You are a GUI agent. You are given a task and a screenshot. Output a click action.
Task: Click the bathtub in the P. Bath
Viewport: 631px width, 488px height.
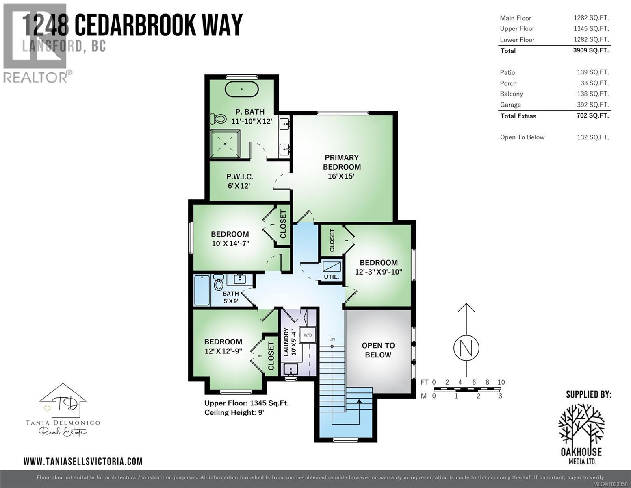[241, 89]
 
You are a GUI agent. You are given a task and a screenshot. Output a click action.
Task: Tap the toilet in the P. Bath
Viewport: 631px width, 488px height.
[219, 119]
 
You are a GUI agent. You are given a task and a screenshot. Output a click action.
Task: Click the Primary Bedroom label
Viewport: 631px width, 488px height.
[342, 162]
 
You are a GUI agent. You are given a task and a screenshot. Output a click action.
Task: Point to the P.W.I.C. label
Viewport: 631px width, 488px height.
[240, 177]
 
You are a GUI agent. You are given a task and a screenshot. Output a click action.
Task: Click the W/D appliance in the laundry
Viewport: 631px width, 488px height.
[308, 335]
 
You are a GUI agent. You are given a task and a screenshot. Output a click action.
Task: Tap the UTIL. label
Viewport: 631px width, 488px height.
[331, 277]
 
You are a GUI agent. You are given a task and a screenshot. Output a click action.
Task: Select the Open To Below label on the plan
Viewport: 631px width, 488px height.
[378, 350]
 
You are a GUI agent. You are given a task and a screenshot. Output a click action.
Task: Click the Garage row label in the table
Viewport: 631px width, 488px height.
[510, 105]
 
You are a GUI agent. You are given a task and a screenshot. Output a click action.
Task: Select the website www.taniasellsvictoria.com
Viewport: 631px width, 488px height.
[83, 461]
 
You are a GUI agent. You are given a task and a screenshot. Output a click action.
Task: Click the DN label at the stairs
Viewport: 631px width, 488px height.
[332, 339]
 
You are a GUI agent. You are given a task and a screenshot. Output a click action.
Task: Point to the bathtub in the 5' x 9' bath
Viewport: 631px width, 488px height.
[202, 290]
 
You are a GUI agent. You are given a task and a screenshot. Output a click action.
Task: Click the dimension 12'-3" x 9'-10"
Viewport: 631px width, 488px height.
[378, 272]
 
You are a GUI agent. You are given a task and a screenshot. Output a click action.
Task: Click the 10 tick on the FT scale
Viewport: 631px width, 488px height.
[501, 382]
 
